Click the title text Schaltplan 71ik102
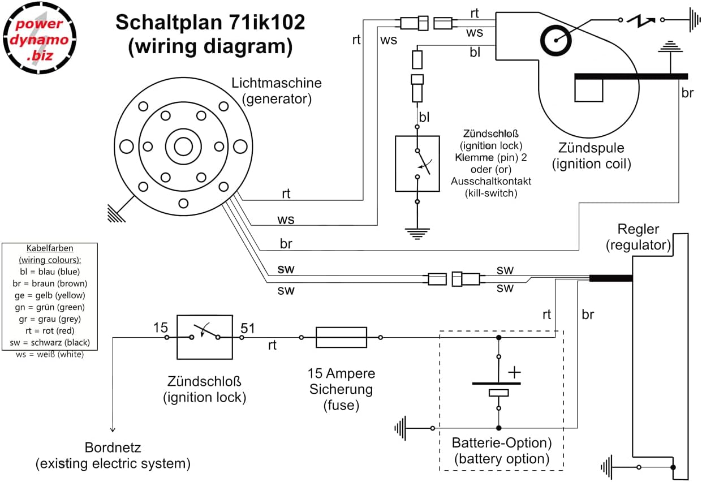[x=210, y=23]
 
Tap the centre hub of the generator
[x=183, y=147]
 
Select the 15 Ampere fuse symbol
[x=341, y=337]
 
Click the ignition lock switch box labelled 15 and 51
[x=204, y=337]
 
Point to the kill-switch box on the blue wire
[x=417, y=163]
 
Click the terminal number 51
[x=248, y=328]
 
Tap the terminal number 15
[x=161, y=328]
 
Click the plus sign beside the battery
[x=514, y=373]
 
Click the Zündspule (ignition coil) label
[x=591, y=156]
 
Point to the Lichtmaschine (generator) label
[x=277, y=91]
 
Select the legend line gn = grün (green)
[x=49, y=307]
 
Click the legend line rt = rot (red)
[x=49, y=331]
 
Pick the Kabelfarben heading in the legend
[x=50, y=248]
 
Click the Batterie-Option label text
[x=501, y=442]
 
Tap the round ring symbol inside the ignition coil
[x=556, y=40]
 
